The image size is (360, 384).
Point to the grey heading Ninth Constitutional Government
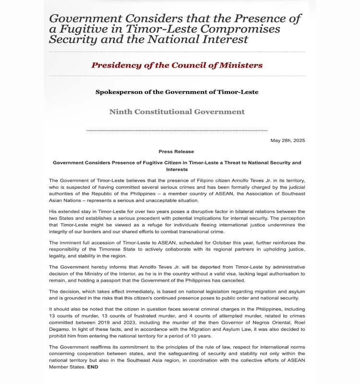point(177,112)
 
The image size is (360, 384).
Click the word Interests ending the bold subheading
point(177,169)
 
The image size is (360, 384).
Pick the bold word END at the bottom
point(92,367)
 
